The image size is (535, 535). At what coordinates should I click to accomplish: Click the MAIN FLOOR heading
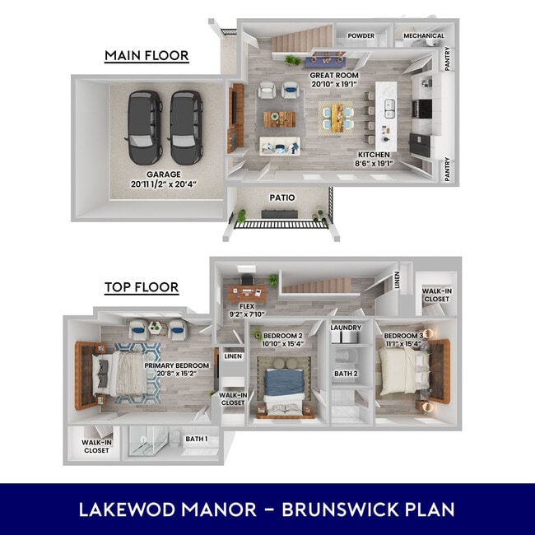pos(147,56)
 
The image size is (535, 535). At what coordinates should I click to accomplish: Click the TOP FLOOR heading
pos(141,287)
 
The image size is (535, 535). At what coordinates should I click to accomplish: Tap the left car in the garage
pos(144,127)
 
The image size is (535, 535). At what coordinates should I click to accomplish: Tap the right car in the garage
pos(186,127)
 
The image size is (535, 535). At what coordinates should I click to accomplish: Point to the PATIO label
pos(283,198)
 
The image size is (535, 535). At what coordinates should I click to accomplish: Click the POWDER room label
pos(361,36)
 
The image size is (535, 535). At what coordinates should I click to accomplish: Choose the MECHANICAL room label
pos(424,36)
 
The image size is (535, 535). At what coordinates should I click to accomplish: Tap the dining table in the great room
pos(336,118)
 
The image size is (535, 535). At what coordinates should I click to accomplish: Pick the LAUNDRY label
pos(346,328)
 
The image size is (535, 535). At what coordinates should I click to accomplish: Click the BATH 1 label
pos(196,440)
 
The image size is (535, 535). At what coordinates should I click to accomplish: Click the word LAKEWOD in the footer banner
pos(122,509)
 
